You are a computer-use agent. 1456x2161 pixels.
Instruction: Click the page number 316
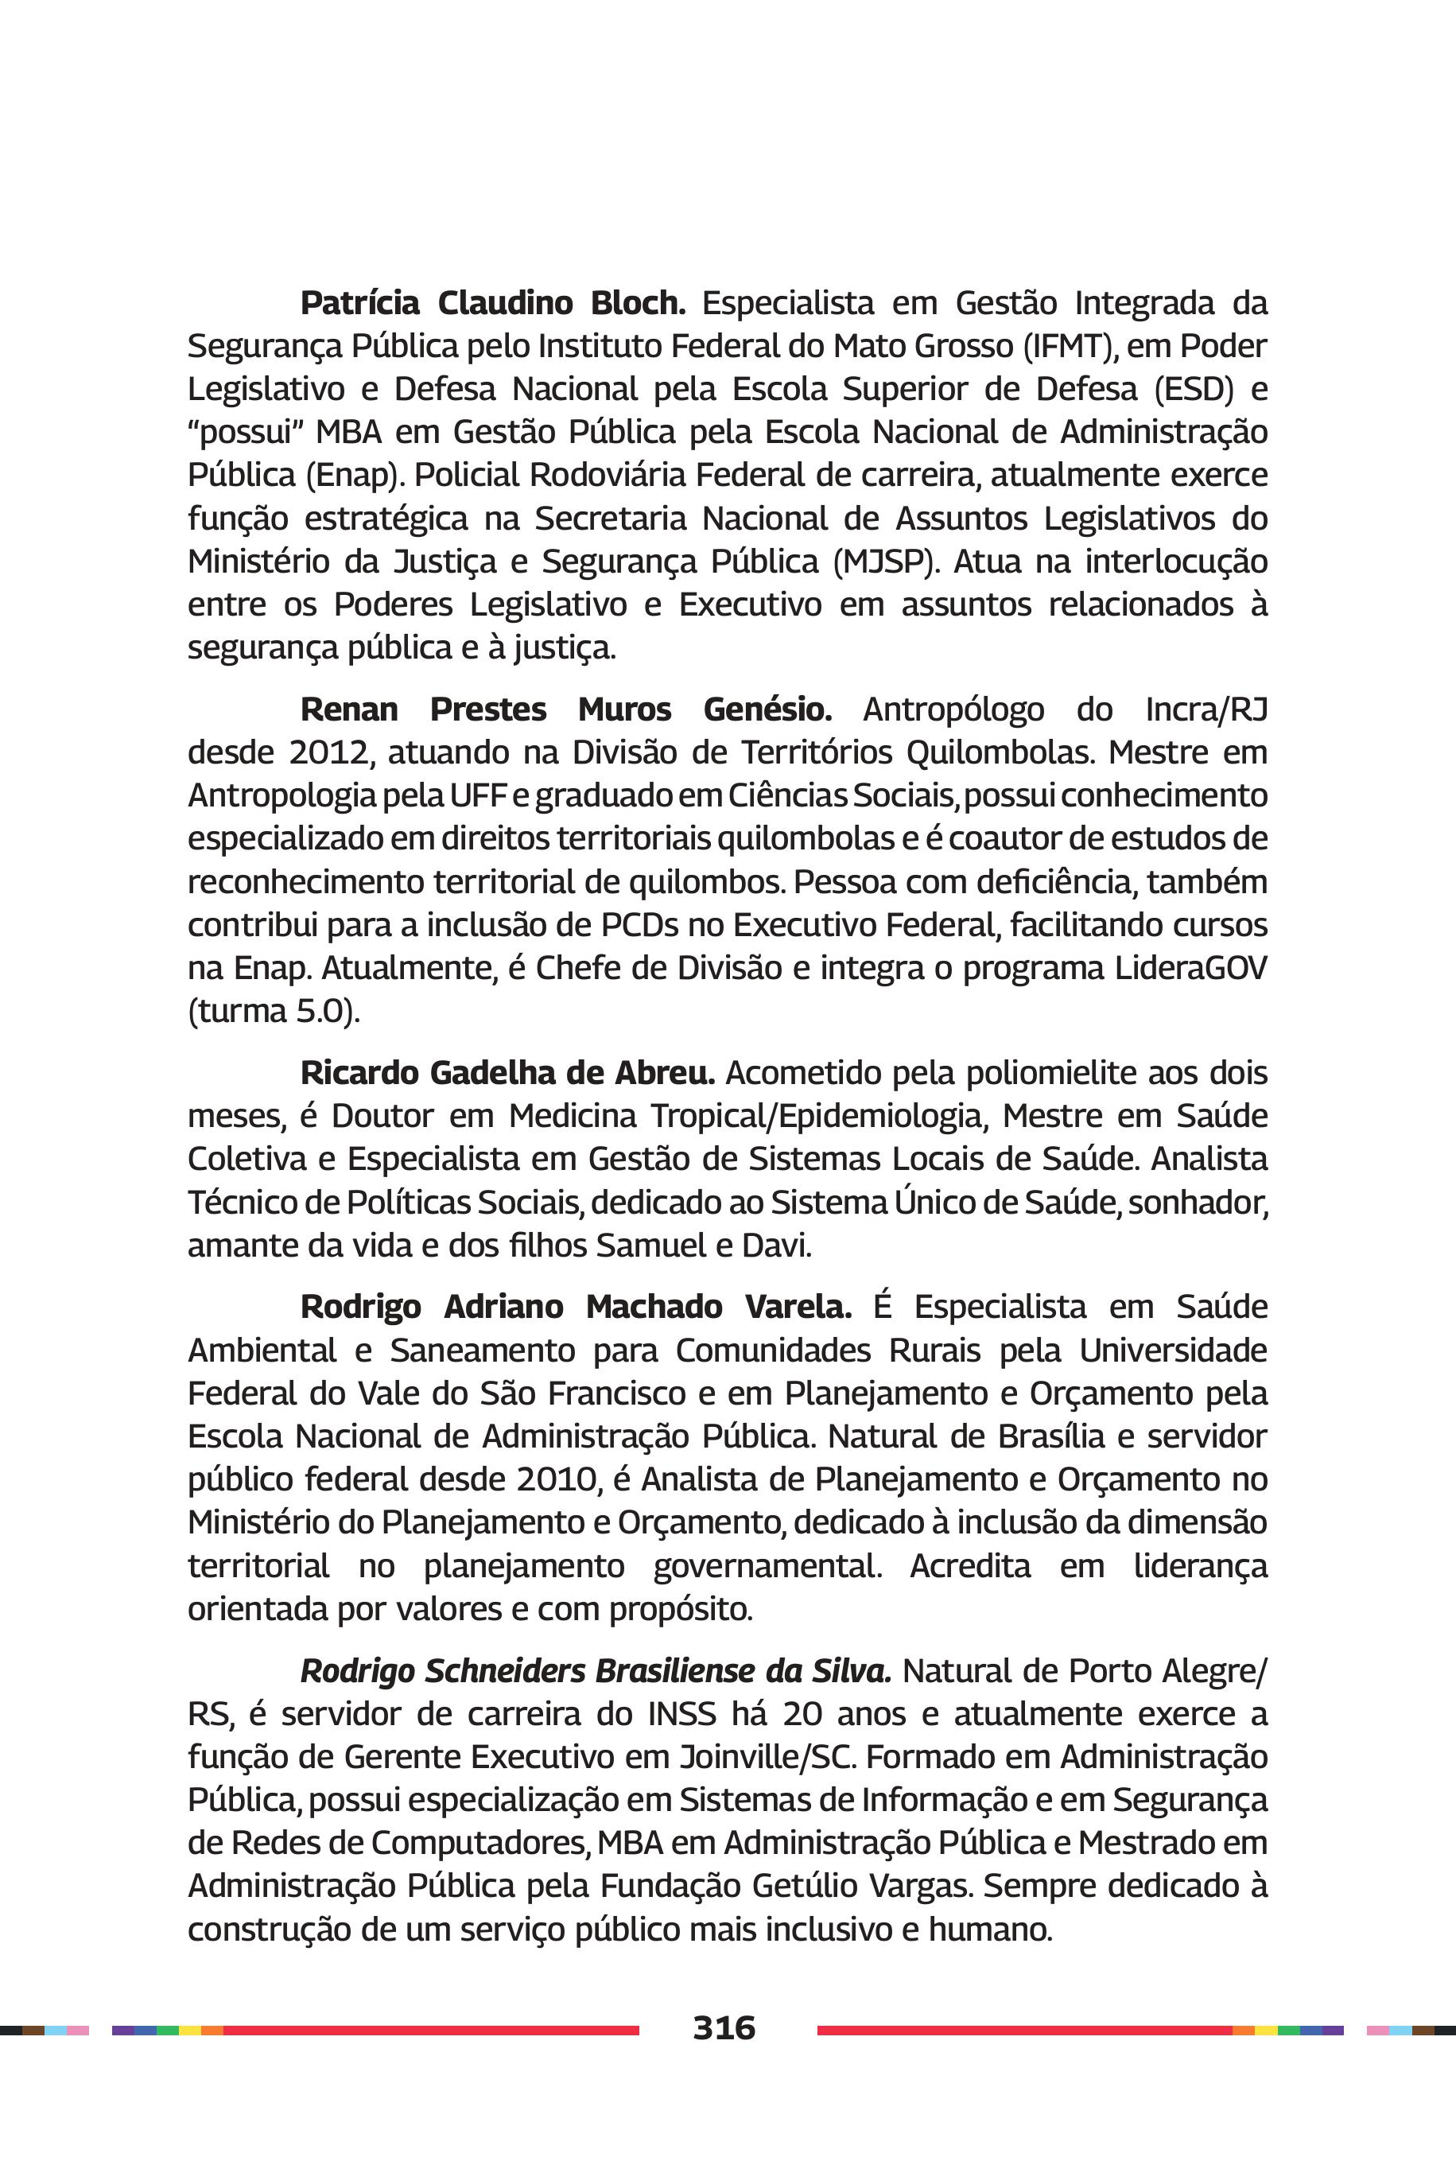tap(724, 2027)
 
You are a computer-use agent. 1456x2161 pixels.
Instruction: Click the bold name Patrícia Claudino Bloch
tap(492, 303)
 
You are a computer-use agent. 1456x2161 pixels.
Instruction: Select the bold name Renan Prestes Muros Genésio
tap(565, 709)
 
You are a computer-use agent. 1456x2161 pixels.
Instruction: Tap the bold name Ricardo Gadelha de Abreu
tap(507, 1073)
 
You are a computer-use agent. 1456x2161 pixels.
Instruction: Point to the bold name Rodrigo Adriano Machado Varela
tap(576, 1307)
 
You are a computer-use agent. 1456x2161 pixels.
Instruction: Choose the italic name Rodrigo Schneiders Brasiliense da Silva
tap(596, 1671)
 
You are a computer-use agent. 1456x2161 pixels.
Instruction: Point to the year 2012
tap(330, 752)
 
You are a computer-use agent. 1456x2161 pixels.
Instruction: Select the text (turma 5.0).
tap(273, 1012)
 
